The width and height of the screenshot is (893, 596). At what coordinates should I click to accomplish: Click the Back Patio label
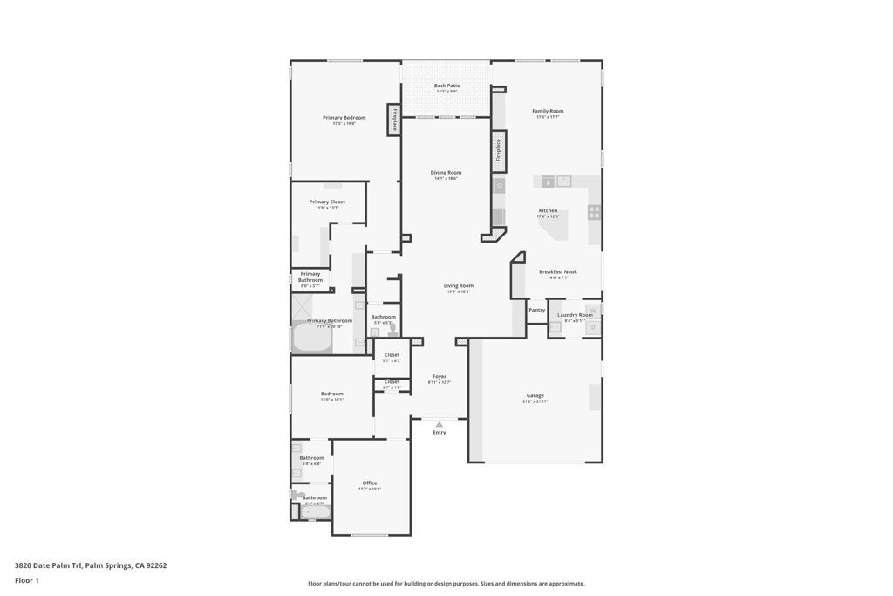pyautogui.click(x=446, y=86)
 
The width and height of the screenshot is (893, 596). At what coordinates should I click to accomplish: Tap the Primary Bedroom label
pyautogui.click(x=344, y=117)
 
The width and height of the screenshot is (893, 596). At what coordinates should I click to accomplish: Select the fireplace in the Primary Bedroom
pyautogui.click(x=394, y=120)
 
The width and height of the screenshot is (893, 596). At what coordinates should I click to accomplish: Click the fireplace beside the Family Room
pyautogui.click(x=499, y=149)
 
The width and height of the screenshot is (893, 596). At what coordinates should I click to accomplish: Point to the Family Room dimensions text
pyautogui.click(x=548, y=117)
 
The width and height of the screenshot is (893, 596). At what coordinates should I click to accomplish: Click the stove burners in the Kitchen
pyautogui.click(x=594, y=211)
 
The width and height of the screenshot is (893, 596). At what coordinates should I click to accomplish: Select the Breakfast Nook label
pyautogui.click(x=557, y=271)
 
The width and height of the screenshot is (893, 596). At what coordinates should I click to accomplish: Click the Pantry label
pyautogui.click(x=536, y=310)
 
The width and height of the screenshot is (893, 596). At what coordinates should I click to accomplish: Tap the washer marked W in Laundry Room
pyautogui.click(x=593, y=310)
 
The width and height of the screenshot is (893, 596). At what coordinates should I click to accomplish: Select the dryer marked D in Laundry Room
pyautogui.click(x=593, y=328)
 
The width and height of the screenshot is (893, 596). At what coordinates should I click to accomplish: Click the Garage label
pyautogui.click(x=535, y=395)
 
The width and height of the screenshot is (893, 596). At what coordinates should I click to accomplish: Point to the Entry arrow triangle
pyautogui.click(x=440, y=425)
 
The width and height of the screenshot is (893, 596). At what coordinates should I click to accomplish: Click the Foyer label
pyautogui.click(x=439, y=376)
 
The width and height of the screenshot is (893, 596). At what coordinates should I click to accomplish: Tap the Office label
pyautogui.click(x=370, y=483)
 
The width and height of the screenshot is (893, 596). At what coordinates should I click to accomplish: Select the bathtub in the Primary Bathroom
pyautogui.click(x=311, y=338)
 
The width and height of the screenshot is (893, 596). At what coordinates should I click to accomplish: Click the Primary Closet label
pyautogui.click(x=327, y=202)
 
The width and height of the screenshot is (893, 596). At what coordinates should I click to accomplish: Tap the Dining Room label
pyautogui.click(x=446, y=172)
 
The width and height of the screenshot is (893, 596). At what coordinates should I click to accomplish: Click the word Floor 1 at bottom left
pyautogui.click(x=27, y=580)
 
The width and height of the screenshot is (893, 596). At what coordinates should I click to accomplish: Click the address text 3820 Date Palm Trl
pyautogui.click(x=49, y=565)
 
